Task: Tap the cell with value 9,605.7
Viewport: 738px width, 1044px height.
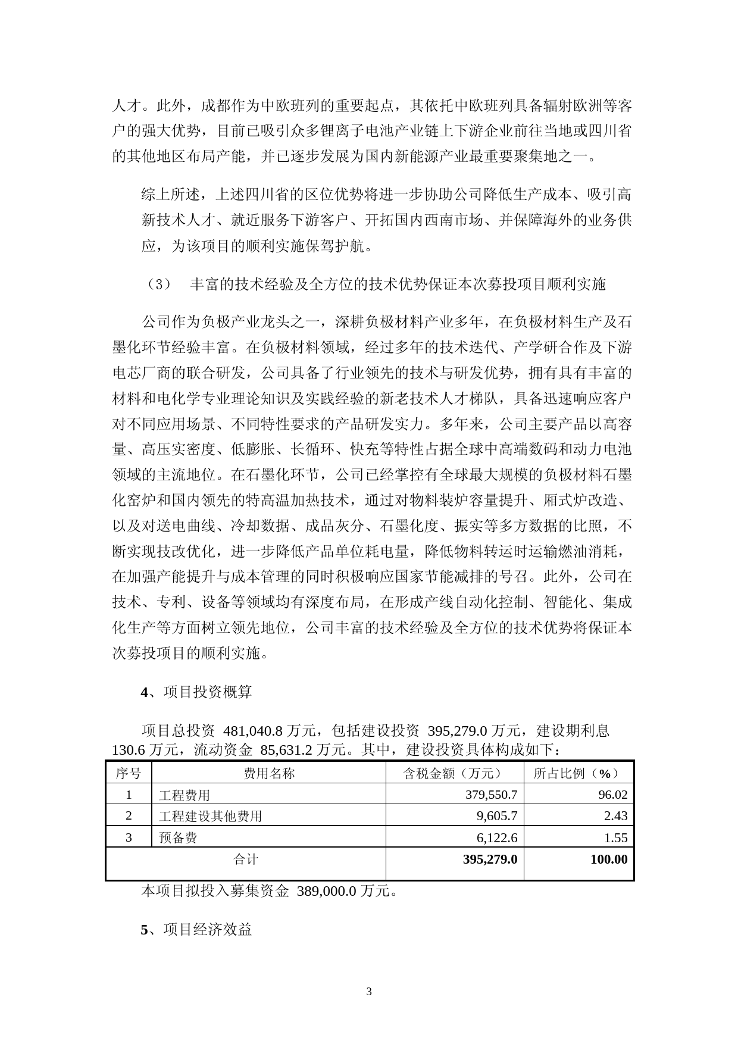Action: click(497, 816)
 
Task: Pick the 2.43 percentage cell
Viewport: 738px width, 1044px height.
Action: click(615, 816)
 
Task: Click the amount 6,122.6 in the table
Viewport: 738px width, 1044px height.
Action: click(497, 838)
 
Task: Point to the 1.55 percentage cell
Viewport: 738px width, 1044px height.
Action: click(615, 838)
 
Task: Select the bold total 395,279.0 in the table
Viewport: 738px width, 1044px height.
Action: click(489, 859)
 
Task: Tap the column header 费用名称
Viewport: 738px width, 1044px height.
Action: click(269, 773)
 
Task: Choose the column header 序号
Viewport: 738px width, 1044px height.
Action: click(129, 773)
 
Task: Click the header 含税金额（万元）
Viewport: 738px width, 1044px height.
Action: click(455, 773)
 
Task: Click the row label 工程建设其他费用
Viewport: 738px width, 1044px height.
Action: click(211, 816)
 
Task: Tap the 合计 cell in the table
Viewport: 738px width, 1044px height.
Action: click(246, 859)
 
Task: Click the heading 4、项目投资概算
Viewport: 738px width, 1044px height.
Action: click(196, 692)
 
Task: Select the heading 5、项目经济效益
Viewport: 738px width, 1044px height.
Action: click(196, 929)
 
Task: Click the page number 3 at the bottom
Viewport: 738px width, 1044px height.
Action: click(369, 992)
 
